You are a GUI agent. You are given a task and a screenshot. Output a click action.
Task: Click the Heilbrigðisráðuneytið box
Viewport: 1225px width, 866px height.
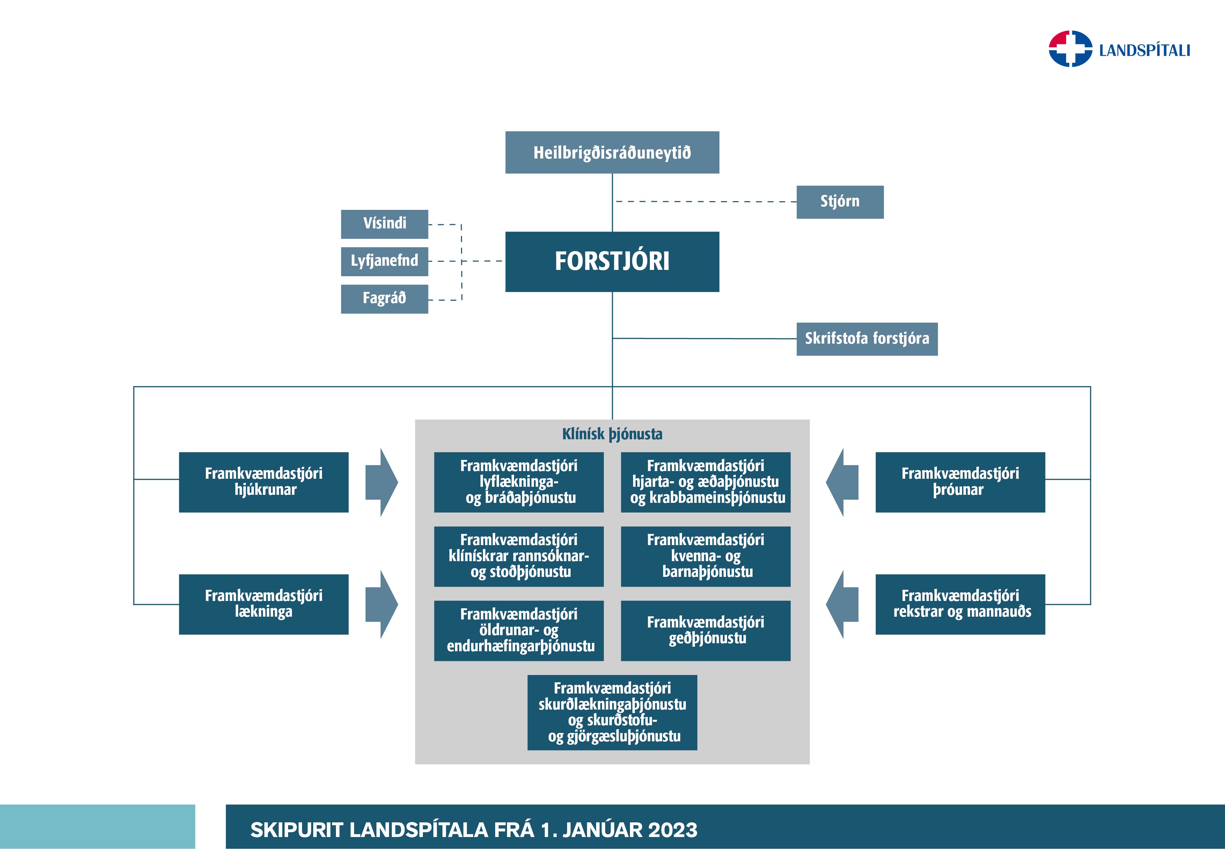click(x=612, y=153)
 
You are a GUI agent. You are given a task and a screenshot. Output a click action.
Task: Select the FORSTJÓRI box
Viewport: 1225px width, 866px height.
click(x=612, y=262)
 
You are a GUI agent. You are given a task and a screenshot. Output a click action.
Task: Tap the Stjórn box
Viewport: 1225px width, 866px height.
click(x=840, y=202)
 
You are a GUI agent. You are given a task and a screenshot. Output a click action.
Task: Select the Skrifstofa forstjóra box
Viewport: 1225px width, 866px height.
click(x=866, y=339)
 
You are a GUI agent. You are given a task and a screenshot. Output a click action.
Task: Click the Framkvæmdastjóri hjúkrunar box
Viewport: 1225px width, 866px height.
click(x=264, y=482)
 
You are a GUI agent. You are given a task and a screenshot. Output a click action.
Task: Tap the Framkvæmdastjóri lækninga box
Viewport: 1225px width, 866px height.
click(x=264, y=604)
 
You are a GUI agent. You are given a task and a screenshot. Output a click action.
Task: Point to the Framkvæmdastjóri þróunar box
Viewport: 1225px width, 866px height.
click(x=960, y=482)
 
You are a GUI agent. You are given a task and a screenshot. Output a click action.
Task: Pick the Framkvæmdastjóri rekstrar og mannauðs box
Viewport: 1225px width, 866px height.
click(x=960, y=604)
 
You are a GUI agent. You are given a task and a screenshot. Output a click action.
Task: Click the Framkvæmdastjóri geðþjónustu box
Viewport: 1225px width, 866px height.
click(x=705, y=630)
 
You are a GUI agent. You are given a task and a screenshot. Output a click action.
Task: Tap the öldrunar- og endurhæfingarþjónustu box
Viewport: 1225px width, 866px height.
click(x=519, y=630)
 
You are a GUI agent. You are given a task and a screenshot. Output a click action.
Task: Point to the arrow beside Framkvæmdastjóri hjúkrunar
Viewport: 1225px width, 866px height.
click(x=381, y=482)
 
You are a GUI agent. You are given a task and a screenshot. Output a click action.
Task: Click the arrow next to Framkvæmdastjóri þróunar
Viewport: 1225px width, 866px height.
click(x=843, y=482)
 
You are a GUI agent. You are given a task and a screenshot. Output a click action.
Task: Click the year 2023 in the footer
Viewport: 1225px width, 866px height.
click(x=672, y=830)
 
